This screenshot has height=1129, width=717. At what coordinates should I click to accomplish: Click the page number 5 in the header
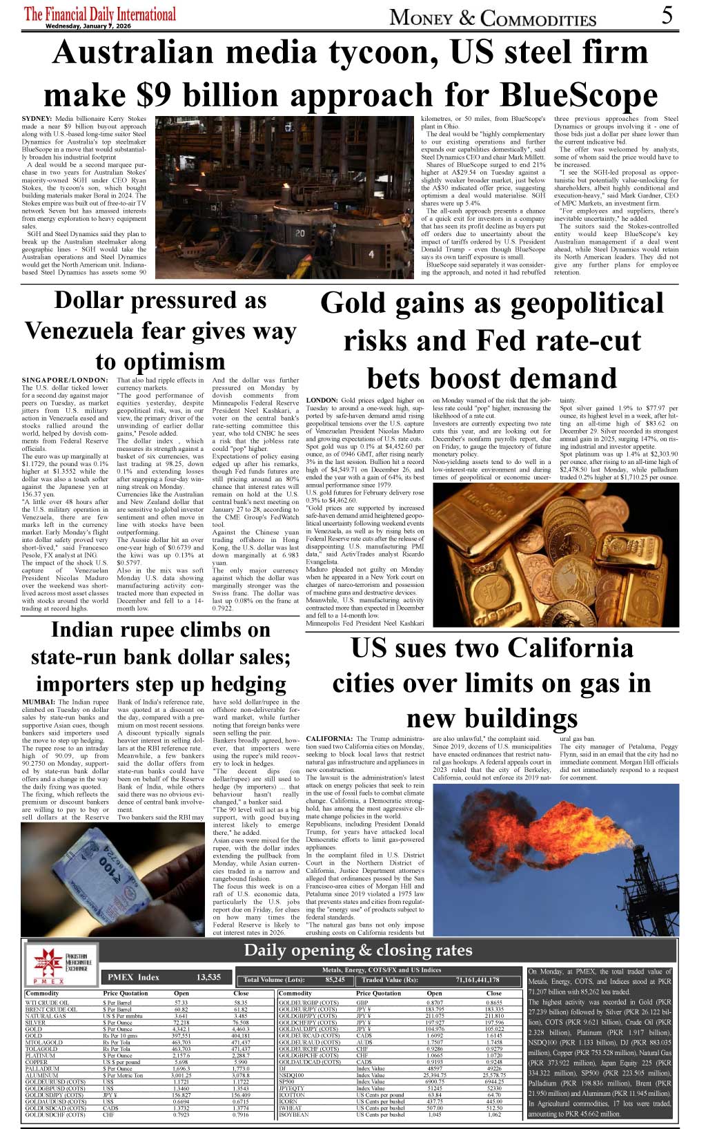(x=667, y=15)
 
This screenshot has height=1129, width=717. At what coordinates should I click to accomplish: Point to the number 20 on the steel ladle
(x=300, y=233)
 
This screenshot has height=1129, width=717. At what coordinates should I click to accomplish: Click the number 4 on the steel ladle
(x=371, y=255)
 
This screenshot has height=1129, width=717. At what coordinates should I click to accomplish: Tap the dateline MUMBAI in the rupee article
(x=37, y=702)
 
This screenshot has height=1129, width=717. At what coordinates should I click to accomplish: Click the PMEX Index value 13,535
(x=208, y=977)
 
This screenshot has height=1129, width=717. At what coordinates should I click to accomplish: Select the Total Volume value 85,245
(x=335, y=980)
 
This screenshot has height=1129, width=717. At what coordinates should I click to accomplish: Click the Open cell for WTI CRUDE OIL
(x=181, y=1003)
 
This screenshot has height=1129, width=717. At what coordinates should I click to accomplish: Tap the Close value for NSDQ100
(x=493, y=1075)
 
